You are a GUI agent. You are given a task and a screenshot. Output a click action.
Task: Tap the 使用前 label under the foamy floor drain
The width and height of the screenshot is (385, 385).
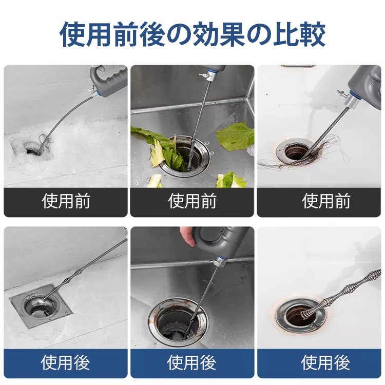tap(66, 201)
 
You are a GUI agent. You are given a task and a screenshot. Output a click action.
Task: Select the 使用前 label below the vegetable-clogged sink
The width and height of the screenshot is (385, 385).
tap(192, 201)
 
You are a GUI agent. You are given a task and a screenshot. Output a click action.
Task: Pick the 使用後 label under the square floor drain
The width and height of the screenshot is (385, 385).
tap(66, 363)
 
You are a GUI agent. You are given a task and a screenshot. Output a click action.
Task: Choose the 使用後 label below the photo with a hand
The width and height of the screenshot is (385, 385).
tap(192, 363)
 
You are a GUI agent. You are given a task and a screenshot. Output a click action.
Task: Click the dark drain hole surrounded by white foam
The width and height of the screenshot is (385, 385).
tap(32, 149)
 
